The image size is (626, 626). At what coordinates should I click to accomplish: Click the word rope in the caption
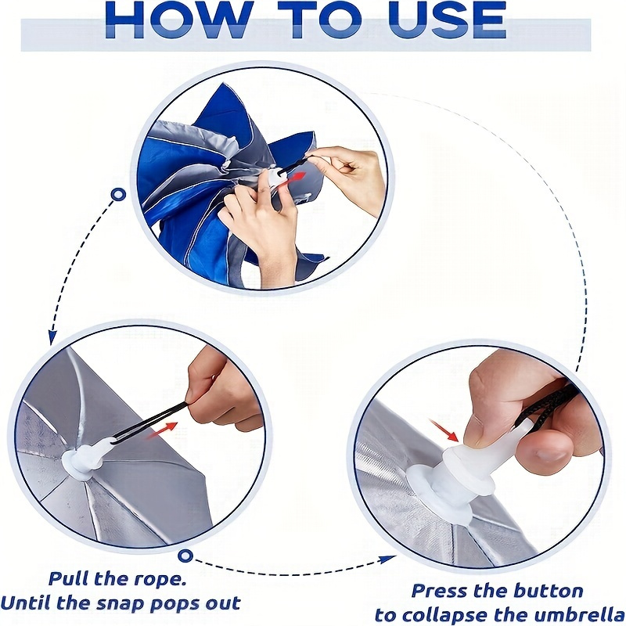(x=158, y=579)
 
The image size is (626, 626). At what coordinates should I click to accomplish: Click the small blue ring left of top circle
(x=118, y=195)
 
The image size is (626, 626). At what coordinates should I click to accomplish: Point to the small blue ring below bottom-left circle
(x=185, y=556)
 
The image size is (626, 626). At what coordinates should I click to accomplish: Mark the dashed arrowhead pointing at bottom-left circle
(x=52, y=337)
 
